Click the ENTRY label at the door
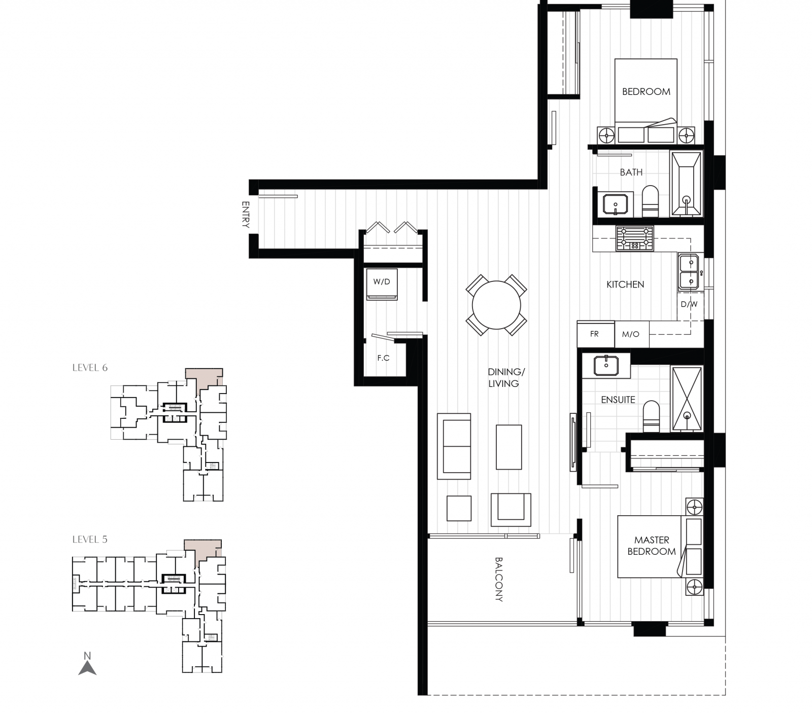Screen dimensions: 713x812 point(246,215)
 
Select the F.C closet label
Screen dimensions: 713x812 point(383,358)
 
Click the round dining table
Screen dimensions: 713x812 point(496,306)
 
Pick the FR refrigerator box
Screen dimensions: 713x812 point(595,334)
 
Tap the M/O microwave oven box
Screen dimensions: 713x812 point(631,334)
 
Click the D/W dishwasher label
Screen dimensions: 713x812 point(689,305)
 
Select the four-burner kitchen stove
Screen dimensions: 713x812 point(634,238)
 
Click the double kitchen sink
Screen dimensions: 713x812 point(689,271)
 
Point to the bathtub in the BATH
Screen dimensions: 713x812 point(686,184)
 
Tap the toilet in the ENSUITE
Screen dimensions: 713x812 point(651,416)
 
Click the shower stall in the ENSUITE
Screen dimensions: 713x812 point(687,399)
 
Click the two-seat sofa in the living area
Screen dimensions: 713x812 point(454,446)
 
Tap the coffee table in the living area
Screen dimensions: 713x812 point(509,447)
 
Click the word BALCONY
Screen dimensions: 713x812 point(498,579)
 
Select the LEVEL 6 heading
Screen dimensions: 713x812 point(90,368)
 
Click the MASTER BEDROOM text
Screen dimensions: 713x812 point(652,546)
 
